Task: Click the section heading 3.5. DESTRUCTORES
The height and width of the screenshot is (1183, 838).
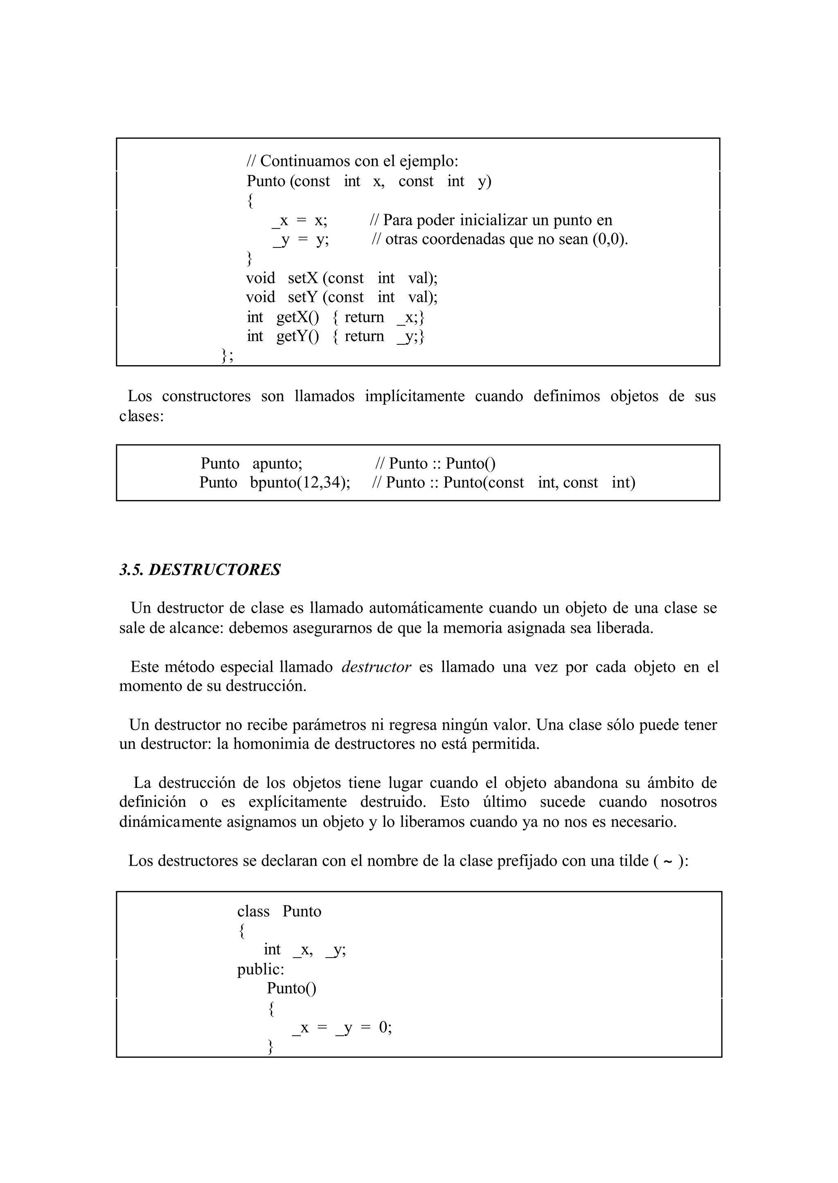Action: pyautogui.click(x=200, y=570)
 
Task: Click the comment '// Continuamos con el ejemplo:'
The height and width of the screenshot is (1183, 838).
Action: pyautogui.click(x=352, y=162)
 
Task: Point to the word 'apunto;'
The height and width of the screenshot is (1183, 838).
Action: pyautogui.click(x=277, y=464)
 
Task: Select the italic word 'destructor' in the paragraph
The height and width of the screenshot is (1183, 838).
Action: pyautogui.click(x=376, y=667)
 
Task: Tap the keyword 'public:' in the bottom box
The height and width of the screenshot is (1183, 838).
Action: pyautogui.click(x=261, y=970)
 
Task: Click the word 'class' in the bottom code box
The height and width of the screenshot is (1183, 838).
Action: pyautogui.click(x=253, y=912)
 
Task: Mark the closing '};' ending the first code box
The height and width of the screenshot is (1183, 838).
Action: pyautogui.click(x=227, y=355)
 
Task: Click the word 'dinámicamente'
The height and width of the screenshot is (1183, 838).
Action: pyautogui.click(x=170, y=822)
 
